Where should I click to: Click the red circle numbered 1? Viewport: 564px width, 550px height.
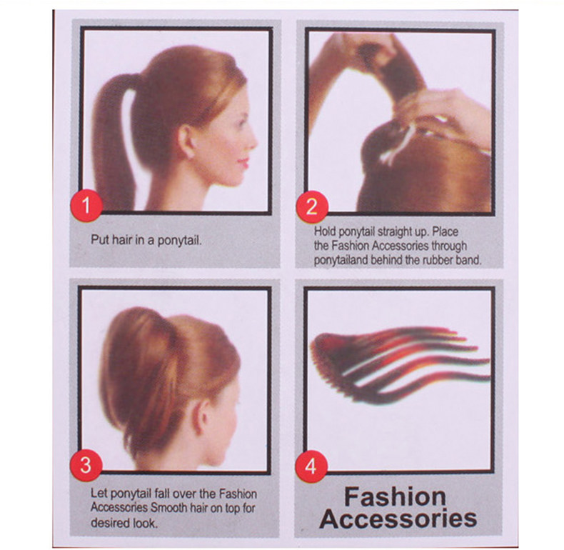(x=86, y=207)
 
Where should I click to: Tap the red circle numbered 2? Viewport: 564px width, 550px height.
(x=311, y=207)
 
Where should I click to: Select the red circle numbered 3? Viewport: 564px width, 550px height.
(x=86, y=466)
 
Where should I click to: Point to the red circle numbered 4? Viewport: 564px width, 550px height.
(x=311, y=466)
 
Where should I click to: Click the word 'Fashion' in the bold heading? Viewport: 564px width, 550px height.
(x=395, y=496)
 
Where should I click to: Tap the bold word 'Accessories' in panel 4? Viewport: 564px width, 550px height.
(x=398, y=519)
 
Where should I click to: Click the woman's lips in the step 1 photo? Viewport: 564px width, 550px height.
(x=243, y=161)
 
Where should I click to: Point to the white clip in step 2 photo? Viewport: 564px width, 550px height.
(x=400, y=143)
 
